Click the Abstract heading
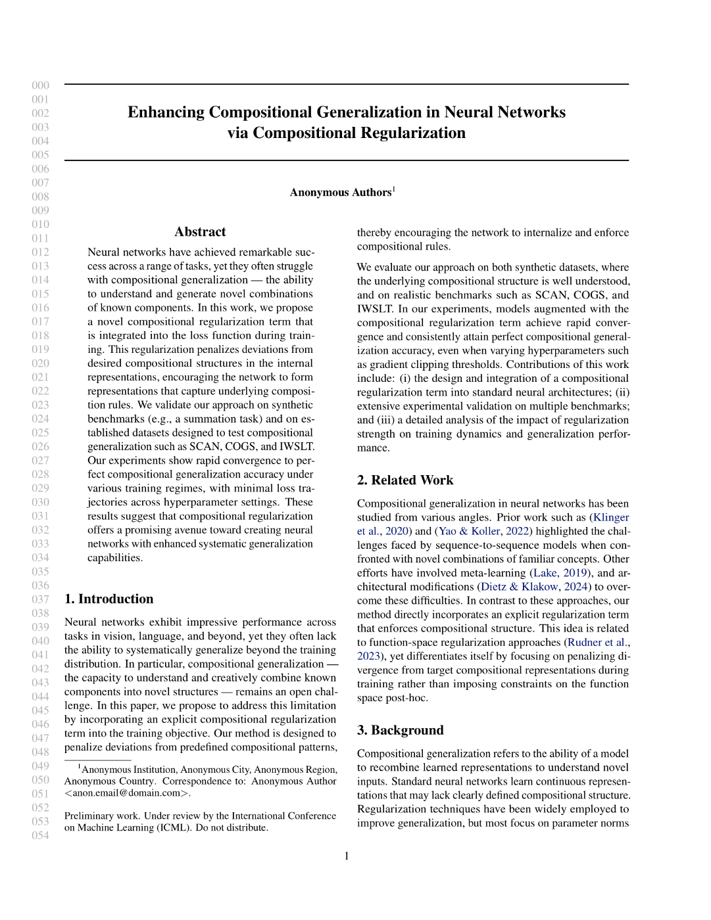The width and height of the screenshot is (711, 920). (200, 232)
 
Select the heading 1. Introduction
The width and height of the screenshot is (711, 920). (109, 599)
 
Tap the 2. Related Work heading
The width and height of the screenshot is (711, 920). (405, 480)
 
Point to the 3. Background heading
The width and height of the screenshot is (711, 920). (400, 730)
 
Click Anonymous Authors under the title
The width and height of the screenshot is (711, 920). (341, 193)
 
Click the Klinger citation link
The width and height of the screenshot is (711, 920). (611, 517)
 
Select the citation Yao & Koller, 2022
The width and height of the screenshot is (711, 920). (483, 531)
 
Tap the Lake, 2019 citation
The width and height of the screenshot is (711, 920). (559, 572)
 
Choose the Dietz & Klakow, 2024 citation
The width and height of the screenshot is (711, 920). (534, 586)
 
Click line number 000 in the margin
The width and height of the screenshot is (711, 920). (41, 85)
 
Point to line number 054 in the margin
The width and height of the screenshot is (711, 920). (41, 835)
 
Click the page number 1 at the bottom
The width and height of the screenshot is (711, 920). (347, 856)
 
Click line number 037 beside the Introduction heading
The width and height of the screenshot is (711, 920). (41, 599)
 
